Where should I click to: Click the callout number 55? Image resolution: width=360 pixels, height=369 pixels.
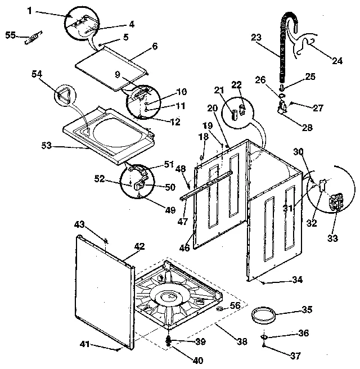[10, 35]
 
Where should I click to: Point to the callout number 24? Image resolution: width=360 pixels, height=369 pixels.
[336, 61]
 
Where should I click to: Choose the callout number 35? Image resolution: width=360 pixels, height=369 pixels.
[306, 309]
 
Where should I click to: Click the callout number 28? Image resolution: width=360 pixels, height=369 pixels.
[307, 127]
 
